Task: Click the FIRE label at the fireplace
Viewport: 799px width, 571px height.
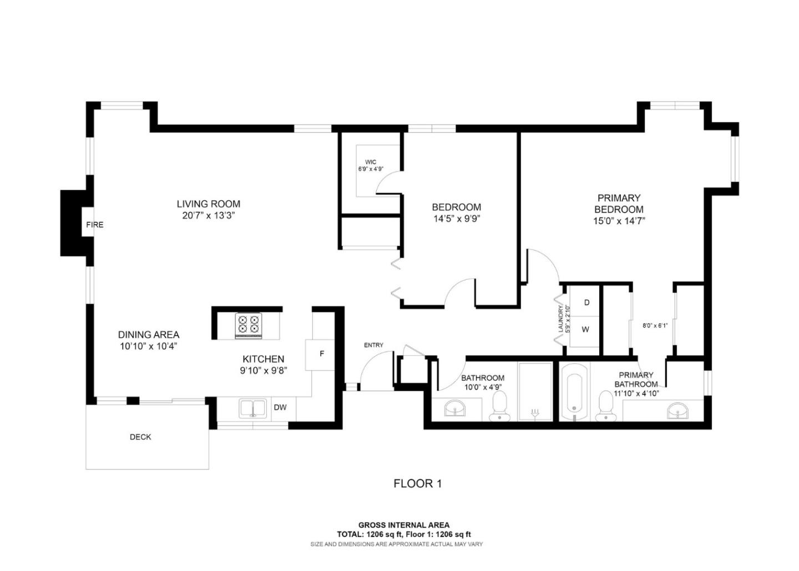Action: (x=94, y=225)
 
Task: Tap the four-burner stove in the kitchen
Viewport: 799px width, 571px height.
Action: (x=248, y=326)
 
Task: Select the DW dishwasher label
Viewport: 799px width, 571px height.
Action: (x=280, y=407)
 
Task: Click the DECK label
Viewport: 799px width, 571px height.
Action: (x=140, y=437)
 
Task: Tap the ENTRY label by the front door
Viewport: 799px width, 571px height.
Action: (x=373, y=345)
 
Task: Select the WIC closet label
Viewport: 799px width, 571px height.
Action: (x=371, y=162)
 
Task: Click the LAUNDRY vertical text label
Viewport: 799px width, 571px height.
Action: (x=560, y=319)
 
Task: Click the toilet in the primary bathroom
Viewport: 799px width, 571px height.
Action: (x=606, y=407)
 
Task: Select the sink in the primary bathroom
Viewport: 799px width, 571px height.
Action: (x=677, y=411)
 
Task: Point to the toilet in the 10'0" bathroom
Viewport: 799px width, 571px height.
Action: (x=499, y=406)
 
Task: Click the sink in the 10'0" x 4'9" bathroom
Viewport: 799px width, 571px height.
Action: (x=455, y=408)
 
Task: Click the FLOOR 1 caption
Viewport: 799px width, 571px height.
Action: (x=418, y=484)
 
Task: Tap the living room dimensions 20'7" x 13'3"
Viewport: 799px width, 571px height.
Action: (x=209, y=216)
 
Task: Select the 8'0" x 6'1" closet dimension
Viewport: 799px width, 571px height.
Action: (x=655, y=325)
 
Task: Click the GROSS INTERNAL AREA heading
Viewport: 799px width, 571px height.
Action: (x=404, y=525)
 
